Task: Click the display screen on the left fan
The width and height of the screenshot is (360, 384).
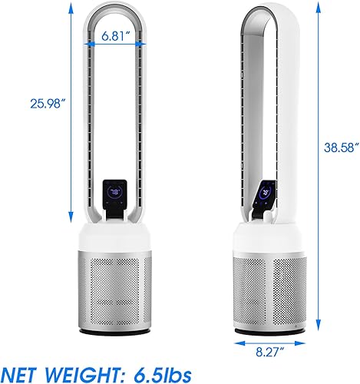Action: [x=114, y=190]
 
